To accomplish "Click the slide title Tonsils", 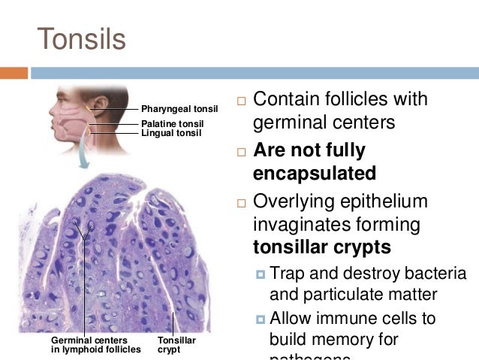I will [81, 38].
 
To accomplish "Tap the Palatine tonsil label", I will [172, 123].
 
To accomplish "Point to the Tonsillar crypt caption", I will [176, 345].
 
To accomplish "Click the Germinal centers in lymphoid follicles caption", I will [95, 345].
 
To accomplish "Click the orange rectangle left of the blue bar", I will [14, 73].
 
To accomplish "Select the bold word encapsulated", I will [314, 174].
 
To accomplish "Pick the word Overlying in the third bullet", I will [288, 201].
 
